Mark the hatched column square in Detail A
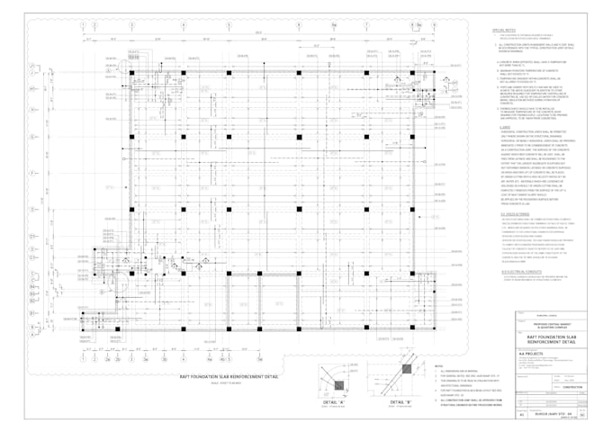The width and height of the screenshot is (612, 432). [x=338, y=382]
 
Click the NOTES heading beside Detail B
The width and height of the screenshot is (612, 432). [x=438, y=366]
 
